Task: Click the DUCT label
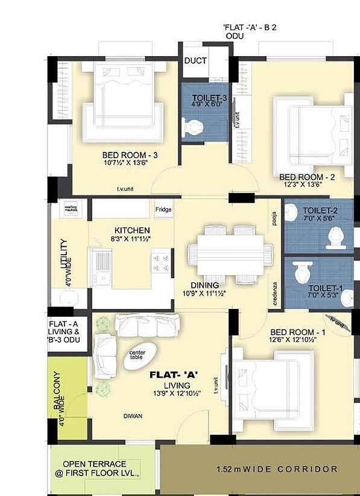click(196, 61)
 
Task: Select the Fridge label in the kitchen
click(163, 210)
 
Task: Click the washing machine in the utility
click(72, 208)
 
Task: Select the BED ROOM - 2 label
click(307, 177)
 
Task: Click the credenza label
click(275, 294)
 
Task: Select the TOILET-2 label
click(312, 211)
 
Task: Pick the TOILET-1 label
click(326, 288)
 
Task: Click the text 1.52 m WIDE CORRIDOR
click(277, 469)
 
